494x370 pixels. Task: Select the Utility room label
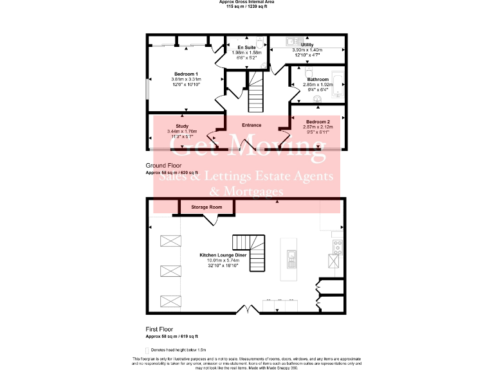(x=307, y=45)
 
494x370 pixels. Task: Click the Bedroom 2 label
(x=318, y=122)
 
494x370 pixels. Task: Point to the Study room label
(x=181, y=126)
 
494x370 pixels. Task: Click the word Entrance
(x=252, y=125)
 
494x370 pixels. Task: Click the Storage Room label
(x=206, y=207)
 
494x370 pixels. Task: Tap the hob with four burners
(x=336, y=245)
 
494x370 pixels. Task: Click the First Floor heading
(x=159, y=329)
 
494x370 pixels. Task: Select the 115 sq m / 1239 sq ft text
(x=248, y=6)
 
